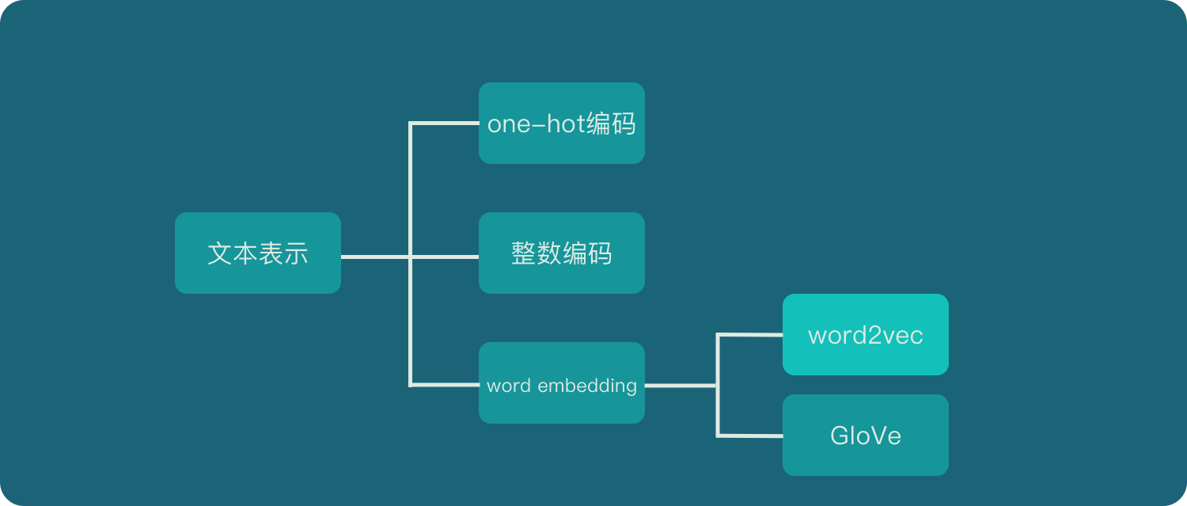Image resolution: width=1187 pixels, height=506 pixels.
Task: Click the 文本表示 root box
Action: click(x=257, y=253)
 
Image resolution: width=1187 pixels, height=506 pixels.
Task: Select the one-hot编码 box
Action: click(x=561, y=123)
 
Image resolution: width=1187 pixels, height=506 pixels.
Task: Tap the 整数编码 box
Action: click(x=561, y=253)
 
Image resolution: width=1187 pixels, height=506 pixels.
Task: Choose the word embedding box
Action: click(x=561, y=382)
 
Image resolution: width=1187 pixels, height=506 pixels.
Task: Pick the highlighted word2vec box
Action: click(x=865, y=334)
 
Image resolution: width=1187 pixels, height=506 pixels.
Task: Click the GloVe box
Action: click(x=865, y=435)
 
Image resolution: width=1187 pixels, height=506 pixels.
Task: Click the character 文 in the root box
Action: click(x=220, y=253)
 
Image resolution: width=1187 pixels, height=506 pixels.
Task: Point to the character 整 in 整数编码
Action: click(x=524, y=253)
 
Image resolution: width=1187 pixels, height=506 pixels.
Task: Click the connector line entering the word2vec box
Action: click(x=750, y=334)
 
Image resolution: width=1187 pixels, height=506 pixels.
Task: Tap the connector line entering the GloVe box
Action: click(x=750, y=436)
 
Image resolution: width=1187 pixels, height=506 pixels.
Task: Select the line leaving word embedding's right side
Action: click(x=681, y=386)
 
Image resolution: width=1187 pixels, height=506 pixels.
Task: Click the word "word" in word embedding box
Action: click(x=509, y=386)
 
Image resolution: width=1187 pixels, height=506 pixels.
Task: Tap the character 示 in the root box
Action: click(x=296, y=253)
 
